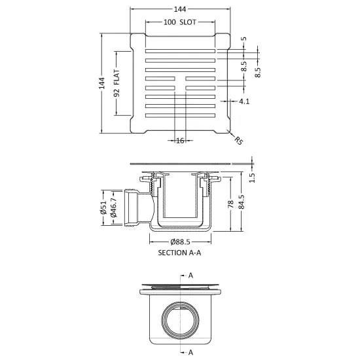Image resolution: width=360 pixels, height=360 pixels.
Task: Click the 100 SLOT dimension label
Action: click(x=180, y=22)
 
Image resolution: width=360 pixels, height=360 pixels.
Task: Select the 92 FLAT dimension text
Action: click(x=117, y=83)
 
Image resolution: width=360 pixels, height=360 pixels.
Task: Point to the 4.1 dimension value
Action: click(x=244, y=101)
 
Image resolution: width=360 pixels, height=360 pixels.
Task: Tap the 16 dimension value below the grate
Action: click(x=180, y=141)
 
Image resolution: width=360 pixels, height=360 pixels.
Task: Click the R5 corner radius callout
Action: click(x=238, y=141)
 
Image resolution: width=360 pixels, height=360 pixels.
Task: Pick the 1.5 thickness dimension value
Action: click(x=252, y=177)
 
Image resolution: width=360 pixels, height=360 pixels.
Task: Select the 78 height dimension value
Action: click(x=230, y=204)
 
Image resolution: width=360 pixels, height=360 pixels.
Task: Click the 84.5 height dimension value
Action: click(x=242, y=202)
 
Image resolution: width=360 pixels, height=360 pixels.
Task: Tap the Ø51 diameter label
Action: click(x=103, y=207)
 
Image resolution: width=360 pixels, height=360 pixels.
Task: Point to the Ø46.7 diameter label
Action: click(x=114, y=207)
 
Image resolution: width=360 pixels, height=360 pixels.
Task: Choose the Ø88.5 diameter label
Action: click(x=180, y=242)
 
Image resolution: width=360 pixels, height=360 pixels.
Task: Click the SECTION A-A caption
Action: click(x=179, y=253)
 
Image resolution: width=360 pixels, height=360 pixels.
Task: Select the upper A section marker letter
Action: click(x=190, y=276)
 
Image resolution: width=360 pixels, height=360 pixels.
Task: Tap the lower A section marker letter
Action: click(x=190, y=352)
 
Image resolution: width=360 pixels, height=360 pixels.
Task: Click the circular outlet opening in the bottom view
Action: click(x=181, y=320)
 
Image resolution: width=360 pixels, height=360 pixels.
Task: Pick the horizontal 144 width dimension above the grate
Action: click(x=180, y=9)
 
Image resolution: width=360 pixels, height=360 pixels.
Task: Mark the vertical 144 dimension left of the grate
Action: click(x=101, y=83)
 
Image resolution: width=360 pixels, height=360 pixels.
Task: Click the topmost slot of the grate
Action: click(x=180, y=51)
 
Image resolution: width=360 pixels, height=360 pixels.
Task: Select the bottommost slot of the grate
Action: click(x=180, y=115)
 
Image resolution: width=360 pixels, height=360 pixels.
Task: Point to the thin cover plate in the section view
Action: click(x=180, y=164)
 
